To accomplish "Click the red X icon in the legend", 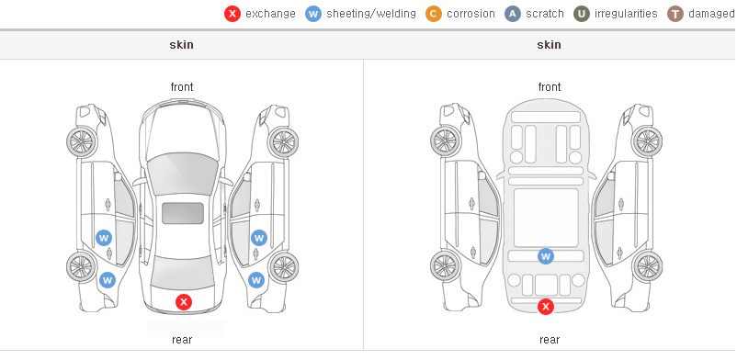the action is pos(232,14).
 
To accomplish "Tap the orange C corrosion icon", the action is pos(434,14).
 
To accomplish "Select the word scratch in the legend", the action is pos(545,14).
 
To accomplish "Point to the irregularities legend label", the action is pos(626,14).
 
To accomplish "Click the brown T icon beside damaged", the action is pos(675,14).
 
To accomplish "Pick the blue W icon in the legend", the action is pos(313,14).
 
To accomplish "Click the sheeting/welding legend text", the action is pos(371,14).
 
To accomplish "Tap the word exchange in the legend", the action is pos(270,14).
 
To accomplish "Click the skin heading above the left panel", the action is pos(181,45).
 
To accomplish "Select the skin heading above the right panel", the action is pos(549,45).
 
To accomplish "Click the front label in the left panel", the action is pos(182,87).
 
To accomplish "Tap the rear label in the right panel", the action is pos(550,340).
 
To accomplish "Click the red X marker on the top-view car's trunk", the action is pos(184,302).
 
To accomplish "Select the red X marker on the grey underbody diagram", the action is pos(546,307).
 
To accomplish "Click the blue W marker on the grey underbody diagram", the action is pos(546,256).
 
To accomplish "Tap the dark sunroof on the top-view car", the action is pos(183,213).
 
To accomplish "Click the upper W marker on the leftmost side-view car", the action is pos(104,238).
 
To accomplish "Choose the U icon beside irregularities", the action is pos(582,14).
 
